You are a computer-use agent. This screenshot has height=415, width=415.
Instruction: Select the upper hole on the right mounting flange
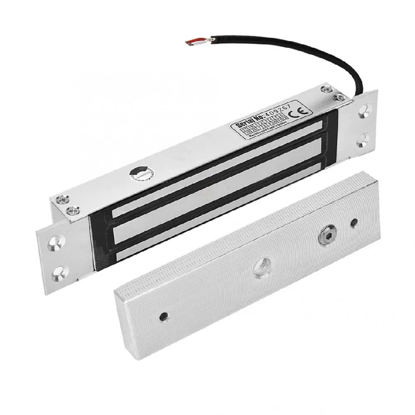coord(364,111)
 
